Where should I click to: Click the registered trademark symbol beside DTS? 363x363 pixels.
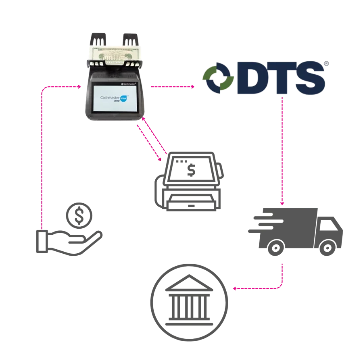(326, 64)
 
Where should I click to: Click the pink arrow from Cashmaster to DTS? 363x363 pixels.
(171, 86)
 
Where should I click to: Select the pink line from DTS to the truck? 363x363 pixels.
(283, 149)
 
